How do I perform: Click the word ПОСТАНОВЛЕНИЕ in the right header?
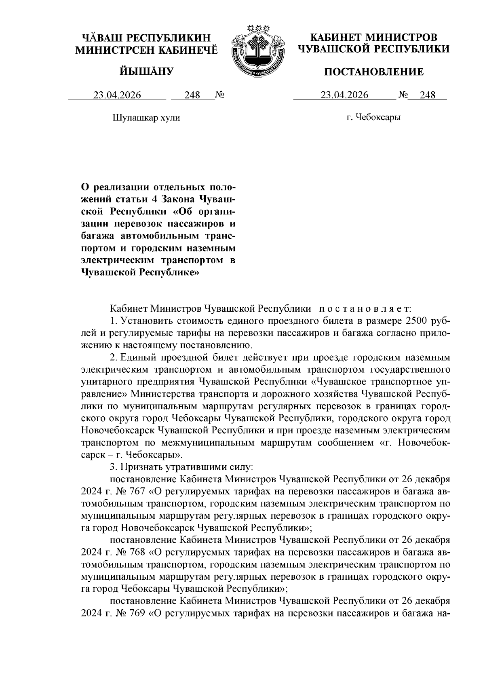(374, 72)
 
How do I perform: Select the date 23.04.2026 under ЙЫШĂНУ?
(117, 95)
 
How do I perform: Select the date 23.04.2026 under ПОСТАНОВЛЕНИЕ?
(344, 95)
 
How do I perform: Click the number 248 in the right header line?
(428, 95)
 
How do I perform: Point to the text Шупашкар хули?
(146, 118)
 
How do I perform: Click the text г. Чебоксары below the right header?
(373, 118)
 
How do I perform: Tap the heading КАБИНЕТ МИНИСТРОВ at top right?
(373, 38)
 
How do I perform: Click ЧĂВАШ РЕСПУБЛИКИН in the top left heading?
(146, 38)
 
